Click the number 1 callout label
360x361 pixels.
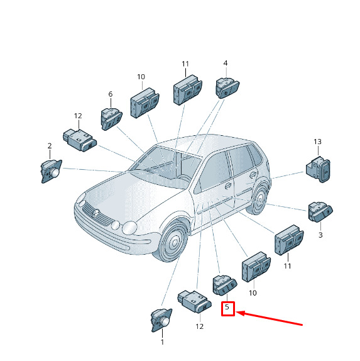pyautogui.click(x=162, y=342)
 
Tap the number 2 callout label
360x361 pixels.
pyautogui.click(x=50, y=145)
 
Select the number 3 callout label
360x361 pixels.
pyautogui.click(x=320, y=235)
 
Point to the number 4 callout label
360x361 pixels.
pyautogui.click(x=226, y=63)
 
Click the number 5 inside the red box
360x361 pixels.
pyautogui.click(x=227, y=307)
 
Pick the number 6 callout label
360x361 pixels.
pyautogui.click(x=111, y=94)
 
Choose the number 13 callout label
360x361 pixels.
pyautogui.click(x=317, y=142)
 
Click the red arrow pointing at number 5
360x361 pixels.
pyautogui.click(x=269, y=318)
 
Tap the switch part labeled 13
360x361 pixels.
pyautogui.click(x=318, y=169)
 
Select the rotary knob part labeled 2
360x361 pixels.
pyautogui.click(x=52, y=171)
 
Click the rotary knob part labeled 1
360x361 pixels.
pyautogui.click(x=161, y=320)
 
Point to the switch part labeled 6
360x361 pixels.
pyautogui.click(x=112, y=119)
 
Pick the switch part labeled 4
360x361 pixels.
pyautogui.click(x=227, y=88)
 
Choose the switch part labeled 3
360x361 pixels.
pyautogui.click(x=320, y=212)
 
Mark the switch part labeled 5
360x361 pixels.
pyautogui.click(x=224, y=285)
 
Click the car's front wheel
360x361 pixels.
pyautogui.click(x=174, y=242)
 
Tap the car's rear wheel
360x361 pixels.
pyautogui.click(x=259, y=199)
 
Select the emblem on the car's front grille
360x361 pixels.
pyautogui.click(x=95, y=213)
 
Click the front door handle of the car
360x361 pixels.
pyautogui.click(x=227, y=186)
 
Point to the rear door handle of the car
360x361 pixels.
pyautogui.click(x=253, y=174)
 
